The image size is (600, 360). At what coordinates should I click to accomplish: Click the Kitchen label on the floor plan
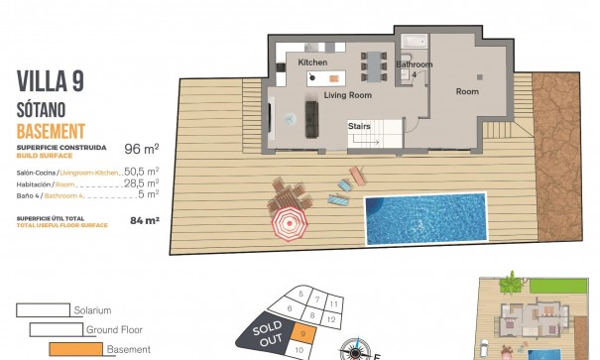click(x=312, y=63)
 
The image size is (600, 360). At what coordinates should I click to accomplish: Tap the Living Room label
click(x=347, y=95)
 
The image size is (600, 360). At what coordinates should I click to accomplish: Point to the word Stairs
click(x=359, y=126)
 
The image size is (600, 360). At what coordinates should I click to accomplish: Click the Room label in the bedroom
click(x=467, y=91)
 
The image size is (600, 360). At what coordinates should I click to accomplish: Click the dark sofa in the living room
click(x=310, y=119)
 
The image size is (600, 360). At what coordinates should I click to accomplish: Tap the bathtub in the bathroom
click(x=414, y=43)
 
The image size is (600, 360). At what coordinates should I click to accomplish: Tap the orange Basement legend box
click(x=75, y=348)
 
